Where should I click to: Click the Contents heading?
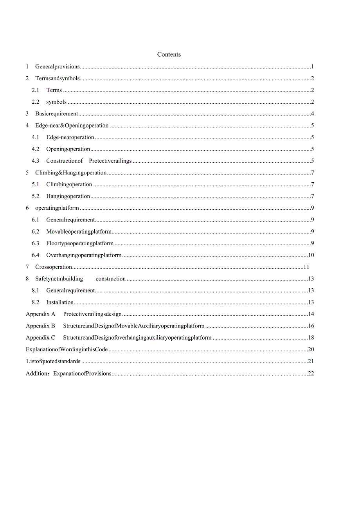169,54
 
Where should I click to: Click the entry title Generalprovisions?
58,67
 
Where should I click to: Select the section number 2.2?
36,102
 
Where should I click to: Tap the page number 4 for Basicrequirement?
312,114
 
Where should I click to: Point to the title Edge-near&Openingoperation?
72,126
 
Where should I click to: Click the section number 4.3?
36,161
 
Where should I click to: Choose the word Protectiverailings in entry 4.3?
110,161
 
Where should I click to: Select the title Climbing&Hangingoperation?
71,173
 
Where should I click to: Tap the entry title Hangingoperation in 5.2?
68,196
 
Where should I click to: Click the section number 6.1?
36,219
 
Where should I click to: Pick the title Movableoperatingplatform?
79,232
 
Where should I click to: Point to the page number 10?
311,255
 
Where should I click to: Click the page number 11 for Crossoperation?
306,267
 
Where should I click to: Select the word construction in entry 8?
111,279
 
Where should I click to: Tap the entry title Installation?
60,302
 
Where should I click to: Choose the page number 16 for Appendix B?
311,326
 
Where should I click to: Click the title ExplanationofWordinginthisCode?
67,349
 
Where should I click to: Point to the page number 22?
311,373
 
